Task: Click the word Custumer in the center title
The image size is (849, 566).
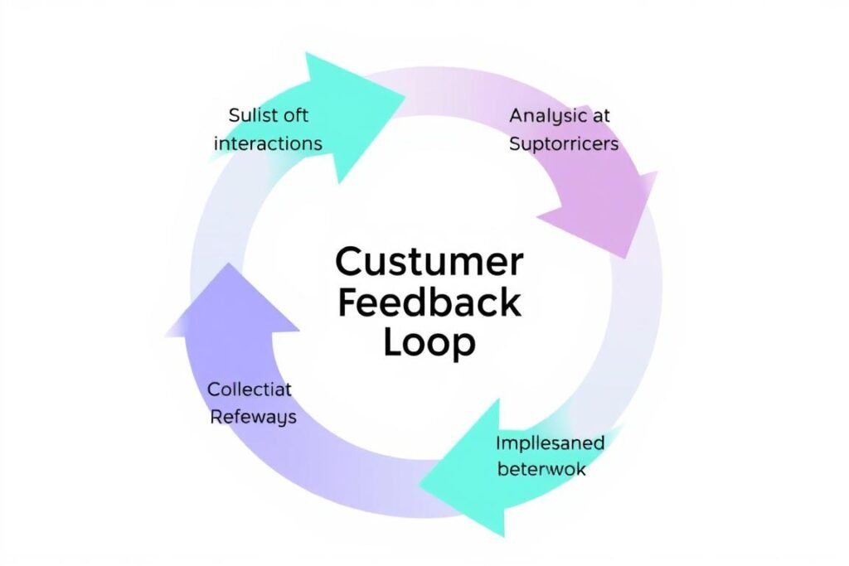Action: pos(429,263)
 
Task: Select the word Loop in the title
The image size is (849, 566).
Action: pos(429,343)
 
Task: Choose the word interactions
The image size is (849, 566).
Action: pos(268,143)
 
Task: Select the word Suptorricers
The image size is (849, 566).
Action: pos(563,144)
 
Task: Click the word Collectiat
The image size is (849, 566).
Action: pos(250,389)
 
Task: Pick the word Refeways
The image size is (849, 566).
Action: pos(253,417)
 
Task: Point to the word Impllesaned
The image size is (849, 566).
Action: pos(550,442)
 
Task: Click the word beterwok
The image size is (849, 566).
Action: pos(541,469)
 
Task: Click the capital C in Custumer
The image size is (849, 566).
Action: pos(349,263)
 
